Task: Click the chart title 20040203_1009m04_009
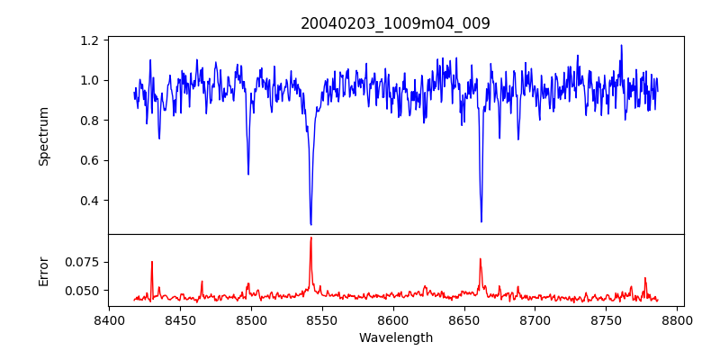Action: (395, 23)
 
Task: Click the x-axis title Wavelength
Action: (395, 338)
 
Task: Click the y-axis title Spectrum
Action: (43, 135)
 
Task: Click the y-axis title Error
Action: (43, 271)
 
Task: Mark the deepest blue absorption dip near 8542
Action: (310, 224)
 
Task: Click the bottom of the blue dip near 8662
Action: (481, 221)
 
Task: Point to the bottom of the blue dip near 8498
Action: (248, 174)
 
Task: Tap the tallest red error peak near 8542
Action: (310, 238)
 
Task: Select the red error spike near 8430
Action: (152, 262)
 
